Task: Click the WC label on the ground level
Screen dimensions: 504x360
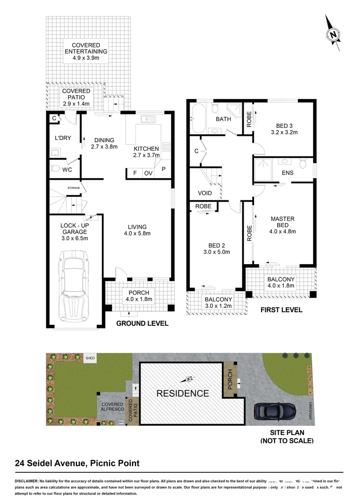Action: click(x=67, y=170)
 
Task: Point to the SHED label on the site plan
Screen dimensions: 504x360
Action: click(x=90, y=358)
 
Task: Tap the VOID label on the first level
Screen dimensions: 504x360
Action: click(x=205, y=193)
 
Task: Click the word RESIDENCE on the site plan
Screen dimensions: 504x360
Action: click(x=183, y=393)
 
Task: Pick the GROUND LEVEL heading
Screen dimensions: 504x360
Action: click(x=142, y=323)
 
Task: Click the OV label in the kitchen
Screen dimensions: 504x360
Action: click(x=148, y=173)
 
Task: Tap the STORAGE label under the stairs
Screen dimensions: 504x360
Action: click(x=74, y=188)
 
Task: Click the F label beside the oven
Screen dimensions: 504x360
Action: click(x=135, y=173)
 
